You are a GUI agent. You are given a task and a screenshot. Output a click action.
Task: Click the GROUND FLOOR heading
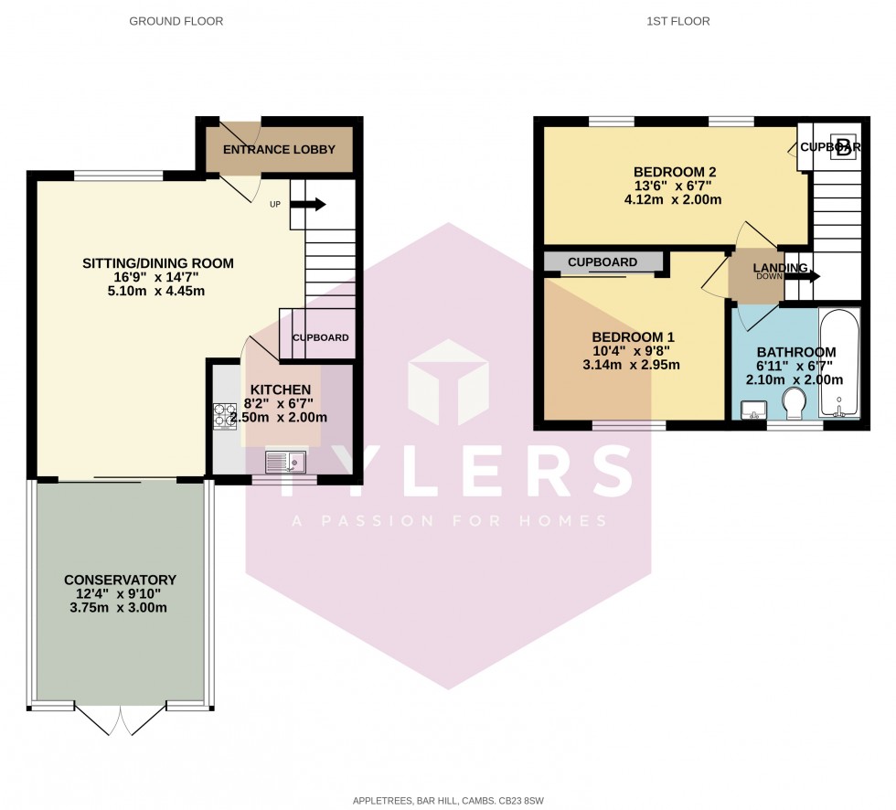coord(176,21)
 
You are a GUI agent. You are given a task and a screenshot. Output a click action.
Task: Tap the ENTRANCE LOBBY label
coord(280,149)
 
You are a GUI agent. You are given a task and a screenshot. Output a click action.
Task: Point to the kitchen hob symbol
coord(225,417)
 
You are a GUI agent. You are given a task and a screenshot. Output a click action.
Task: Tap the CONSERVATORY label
coord(120,580)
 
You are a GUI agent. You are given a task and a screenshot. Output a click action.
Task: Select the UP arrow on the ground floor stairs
coord(308,205)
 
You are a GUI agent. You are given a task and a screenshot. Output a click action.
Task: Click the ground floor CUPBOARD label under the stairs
coord(320,337)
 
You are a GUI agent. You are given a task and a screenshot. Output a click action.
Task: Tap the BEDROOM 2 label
coord(674,172)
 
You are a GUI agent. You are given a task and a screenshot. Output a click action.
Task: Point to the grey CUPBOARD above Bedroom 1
coord(603,262)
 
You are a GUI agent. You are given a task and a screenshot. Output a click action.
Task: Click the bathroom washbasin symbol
coord(754,409)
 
